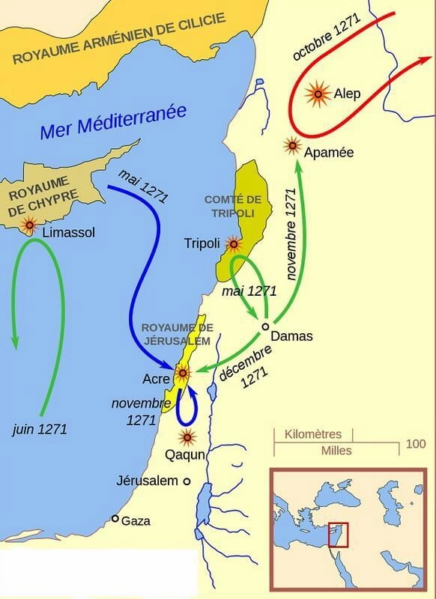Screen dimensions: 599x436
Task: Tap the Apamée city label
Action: coord(330,152)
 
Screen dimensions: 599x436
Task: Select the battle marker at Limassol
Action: coord(31,224)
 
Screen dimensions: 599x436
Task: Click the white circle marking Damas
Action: coord(264,326)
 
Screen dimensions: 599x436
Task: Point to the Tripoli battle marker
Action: coord(234,243)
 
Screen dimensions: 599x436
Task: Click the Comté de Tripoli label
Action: coord(232,206)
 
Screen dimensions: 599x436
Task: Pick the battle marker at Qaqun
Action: coord(187,437)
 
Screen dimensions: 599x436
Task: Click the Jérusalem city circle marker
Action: coord(187,481)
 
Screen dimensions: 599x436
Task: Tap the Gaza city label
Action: coord(136,520)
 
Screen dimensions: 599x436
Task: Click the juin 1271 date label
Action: coord(40,430)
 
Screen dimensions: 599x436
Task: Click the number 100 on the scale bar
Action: coord(416,443)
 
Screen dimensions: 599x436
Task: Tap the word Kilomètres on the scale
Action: coord(312,434)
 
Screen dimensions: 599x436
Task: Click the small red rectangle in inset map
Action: coord(339,532)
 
